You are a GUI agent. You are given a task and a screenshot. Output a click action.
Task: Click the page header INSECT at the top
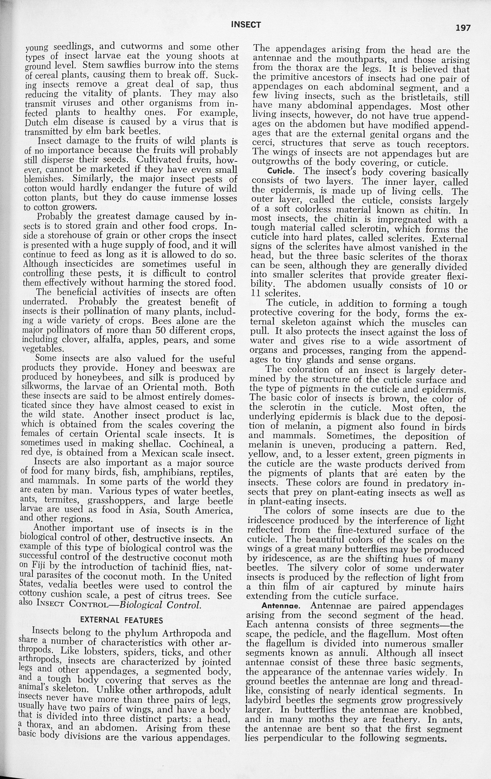click(246, 25)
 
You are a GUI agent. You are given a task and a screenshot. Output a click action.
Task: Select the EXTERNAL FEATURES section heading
click(121, 620)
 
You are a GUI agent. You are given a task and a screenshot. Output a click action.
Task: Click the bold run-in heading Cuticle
click(280, 171)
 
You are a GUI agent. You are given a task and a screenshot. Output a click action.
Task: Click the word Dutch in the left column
click(36, 123)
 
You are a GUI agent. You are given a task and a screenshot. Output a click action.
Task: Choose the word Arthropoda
click(183, 633)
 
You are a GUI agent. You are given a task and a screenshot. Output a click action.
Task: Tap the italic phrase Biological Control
click(160, 604)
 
